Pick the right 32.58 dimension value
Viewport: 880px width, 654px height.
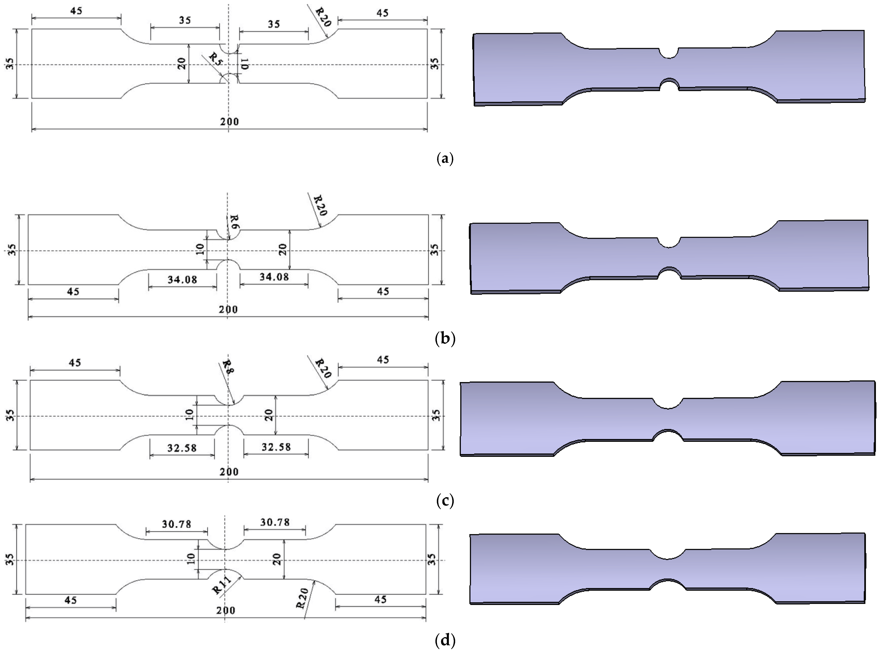pyautogui.click(x=276, y=447)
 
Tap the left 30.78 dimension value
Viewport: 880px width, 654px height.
pyautogui.click(x=177, y=524)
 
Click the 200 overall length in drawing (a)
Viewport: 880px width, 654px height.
pyautogui.click(x=230, y=121)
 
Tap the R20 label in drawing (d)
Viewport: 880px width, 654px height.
pyautogui.click(x=302, y=598)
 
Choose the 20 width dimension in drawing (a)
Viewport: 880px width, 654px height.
pyautogui.click(x=182, y=63)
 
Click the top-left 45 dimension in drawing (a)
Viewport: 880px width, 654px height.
pyautogui.click(x=76, y=11)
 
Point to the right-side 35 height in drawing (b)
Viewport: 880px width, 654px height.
pyautogui.click(x=434, y=249)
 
